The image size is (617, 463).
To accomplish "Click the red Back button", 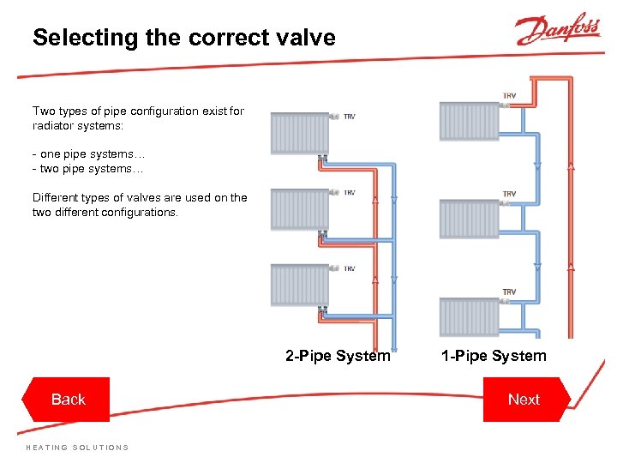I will point(68,400).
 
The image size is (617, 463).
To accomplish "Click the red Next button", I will point(524,400).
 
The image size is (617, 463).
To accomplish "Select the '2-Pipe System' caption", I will point(338,356).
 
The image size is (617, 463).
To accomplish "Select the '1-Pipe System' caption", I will point(494,356).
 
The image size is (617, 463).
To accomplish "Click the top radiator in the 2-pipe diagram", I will point(299,133).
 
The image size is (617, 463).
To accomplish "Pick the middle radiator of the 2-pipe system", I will point(299,209).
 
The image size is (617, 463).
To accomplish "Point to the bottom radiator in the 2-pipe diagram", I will point(299,285).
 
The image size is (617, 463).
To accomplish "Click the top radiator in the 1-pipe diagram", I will point(469,121).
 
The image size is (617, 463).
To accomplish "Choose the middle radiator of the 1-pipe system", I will point(469,219).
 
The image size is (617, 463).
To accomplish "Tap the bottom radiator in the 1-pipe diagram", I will point(469,316).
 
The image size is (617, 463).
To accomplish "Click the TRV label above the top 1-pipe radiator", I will point(509,96).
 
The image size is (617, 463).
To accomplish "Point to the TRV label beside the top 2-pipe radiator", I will point(350,117).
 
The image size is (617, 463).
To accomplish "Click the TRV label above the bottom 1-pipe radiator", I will point(509,292).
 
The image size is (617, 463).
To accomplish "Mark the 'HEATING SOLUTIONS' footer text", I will point(77,448).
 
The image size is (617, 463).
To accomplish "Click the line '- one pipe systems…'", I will point(88,154).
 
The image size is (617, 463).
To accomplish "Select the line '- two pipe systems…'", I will point(88,169).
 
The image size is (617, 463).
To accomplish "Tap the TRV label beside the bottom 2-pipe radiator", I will point(350,269).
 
